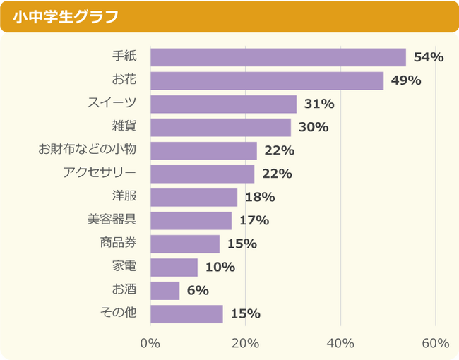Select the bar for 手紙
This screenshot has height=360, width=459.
[x=278, y=57]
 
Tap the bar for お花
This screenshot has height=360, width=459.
[x=267, y=80]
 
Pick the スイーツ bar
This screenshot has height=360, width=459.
[x=223, y=104]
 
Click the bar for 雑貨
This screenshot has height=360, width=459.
[x=221, y=127]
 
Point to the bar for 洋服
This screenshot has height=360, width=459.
[x=194, y=197]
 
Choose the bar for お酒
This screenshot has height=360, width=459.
[x=165, y=290]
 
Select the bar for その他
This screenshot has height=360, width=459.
[x=186, y=313]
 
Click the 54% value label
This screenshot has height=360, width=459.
[x=428, y=57]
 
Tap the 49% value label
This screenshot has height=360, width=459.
[x=405, y=80]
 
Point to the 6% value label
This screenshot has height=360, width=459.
[x=198, y=290]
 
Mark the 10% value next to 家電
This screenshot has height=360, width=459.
[x=220, y=267]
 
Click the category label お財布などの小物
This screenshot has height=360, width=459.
[x=87, y=150]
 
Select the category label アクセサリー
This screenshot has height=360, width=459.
[x=99, y=173]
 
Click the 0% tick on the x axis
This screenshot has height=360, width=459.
[x=150, y=343]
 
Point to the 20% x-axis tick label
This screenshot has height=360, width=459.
[x=245, y=343]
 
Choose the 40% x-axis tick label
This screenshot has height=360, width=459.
[x=340, y=343]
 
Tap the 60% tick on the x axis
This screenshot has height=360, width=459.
[x=435, y=343]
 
